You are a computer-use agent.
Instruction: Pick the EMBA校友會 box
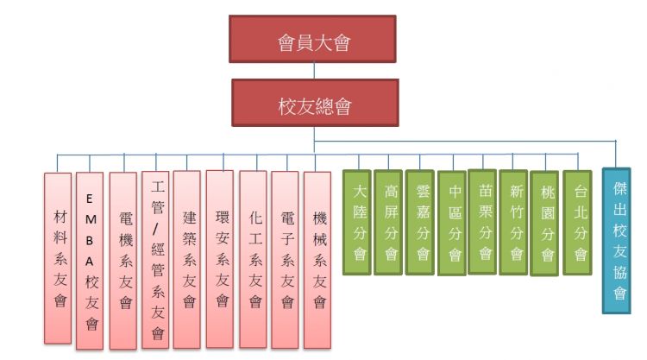[x=91, y=260]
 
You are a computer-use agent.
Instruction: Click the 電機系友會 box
[x=123, y=260]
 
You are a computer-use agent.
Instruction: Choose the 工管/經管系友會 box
[x=155, y=258]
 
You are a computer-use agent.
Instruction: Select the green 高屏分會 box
[x=390, y=222]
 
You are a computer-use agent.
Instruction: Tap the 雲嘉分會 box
[x=422, y=222]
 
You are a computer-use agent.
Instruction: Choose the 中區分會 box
[x=453, y=223]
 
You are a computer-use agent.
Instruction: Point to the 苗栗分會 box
[x=484, y=222]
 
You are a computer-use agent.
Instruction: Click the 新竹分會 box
[x=515, y=222]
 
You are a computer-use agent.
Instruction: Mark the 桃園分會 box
[x=545, y=223]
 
